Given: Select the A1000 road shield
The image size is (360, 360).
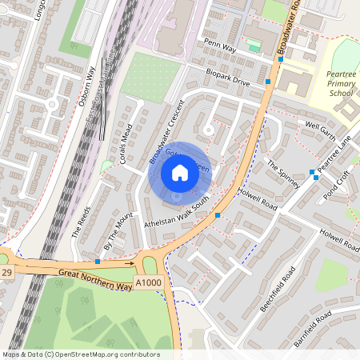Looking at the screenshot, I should [149, 282].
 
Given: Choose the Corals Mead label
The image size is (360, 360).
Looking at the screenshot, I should [125, 144].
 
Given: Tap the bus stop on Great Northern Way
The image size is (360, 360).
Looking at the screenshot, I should [98, 262].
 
